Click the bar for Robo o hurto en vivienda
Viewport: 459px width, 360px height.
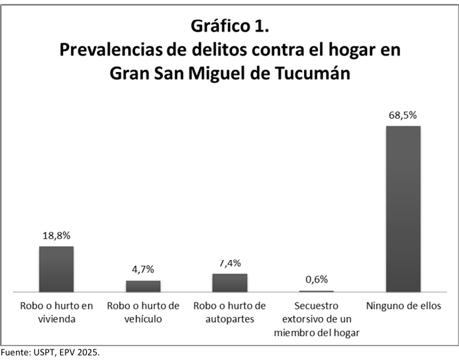pos(56,269)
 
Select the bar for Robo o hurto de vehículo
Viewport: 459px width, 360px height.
pos(143,286)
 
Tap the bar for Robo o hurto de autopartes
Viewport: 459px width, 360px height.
pos(229,283)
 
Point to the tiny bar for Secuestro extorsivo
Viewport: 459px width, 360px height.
pos(316,291)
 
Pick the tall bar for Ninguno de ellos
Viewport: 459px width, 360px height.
pos(403,208)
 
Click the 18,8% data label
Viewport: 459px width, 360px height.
pos(56,236)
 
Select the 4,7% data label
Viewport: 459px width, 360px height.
pos(143,270)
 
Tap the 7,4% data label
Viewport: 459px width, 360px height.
pos(229,263)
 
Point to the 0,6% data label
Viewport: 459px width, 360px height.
pos(316,279)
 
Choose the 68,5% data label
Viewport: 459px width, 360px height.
pos(403,115)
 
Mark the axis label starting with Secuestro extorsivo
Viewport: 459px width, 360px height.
pos(316,319)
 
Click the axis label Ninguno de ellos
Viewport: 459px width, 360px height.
pos(403,306)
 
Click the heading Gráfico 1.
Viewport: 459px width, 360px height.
pos(229,26)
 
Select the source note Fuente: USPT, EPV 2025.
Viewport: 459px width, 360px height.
pos(50,353)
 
